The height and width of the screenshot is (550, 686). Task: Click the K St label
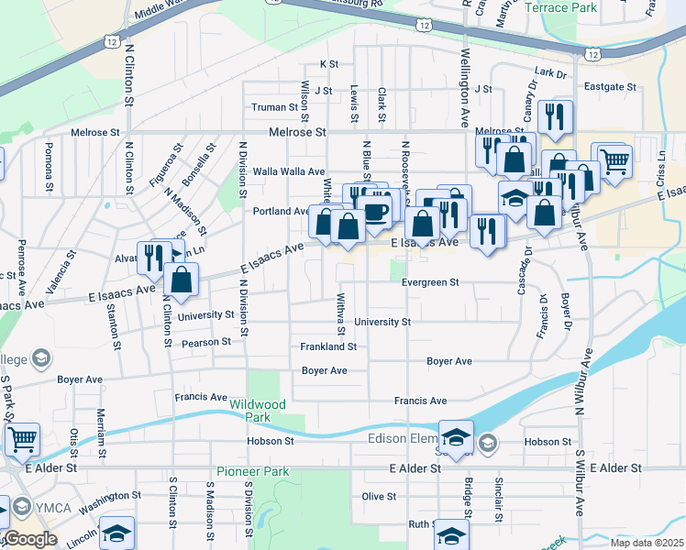(x=329, y=64)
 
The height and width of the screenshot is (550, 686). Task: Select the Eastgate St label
(x=611, y=86)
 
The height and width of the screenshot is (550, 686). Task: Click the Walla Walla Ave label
(x=289, y=171)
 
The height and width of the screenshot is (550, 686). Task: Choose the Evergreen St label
(x=430, y=282)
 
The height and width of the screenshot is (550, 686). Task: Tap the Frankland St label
(x=328, y=346)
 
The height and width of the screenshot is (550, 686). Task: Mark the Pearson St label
(x=206, y=342)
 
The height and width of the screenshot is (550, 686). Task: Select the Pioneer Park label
(x=252, y=472)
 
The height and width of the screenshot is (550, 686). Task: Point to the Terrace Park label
(x=561, y=7)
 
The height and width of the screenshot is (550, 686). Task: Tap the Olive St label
(x=378, y=496)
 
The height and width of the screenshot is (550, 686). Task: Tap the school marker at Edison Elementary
(x=456, y=434)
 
